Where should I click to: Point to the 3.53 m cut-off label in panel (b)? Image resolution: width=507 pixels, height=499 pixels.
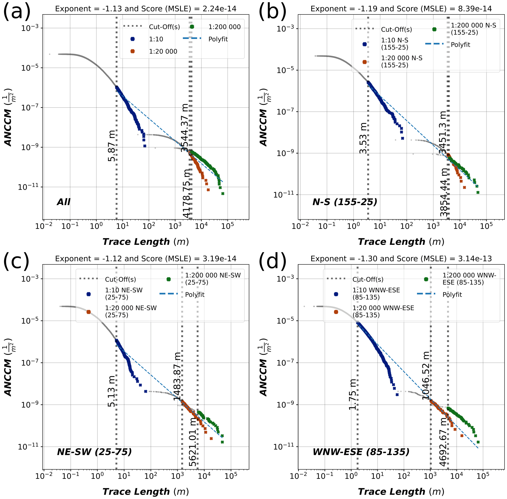[x=363, y=138]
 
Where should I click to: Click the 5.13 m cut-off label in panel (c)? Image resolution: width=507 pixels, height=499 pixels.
[x=111, y=391]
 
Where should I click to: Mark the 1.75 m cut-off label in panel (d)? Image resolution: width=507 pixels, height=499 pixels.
[x=352, y=394]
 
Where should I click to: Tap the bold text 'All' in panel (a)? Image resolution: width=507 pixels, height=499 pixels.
[x=64, y=202]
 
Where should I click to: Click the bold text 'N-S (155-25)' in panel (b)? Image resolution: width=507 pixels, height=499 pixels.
[x=345, y=202]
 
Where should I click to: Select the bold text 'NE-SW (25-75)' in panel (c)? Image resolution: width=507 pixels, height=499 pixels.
[x=94, y=452]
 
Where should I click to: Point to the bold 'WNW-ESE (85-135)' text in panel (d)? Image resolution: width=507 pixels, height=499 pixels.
[x=361, y=452]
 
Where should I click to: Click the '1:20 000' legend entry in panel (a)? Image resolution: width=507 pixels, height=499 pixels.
[x=163, y=51]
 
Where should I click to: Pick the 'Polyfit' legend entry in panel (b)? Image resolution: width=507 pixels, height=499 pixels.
[x=460, y=45]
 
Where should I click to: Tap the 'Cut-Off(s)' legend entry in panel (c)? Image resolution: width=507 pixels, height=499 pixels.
[x=120, y=279]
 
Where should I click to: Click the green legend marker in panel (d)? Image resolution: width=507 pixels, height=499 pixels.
[x=426, y=279]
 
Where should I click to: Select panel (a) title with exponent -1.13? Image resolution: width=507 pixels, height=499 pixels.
[x=145, y=9]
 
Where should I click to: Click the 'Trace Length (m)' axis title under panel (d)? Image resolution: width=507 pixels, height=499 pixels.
[x=401, y=492]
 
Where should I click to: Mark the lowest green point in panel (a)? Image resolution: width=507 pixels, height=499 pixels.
[x=223, y=194]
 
